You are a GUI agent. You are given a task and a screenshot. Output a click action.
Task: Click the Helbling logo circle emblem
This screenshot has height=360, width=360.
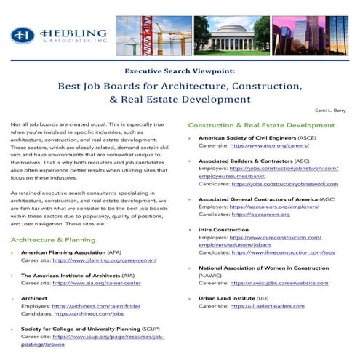tap(23, 35)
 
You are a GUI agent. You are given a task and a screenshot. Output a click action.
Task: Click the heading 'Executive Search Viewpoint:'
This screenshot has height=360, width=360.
tap(180, 71)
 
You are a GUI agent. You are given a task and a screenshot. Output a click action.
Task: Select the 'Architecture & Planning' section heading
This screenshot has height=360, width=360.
tap(52, 239)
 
